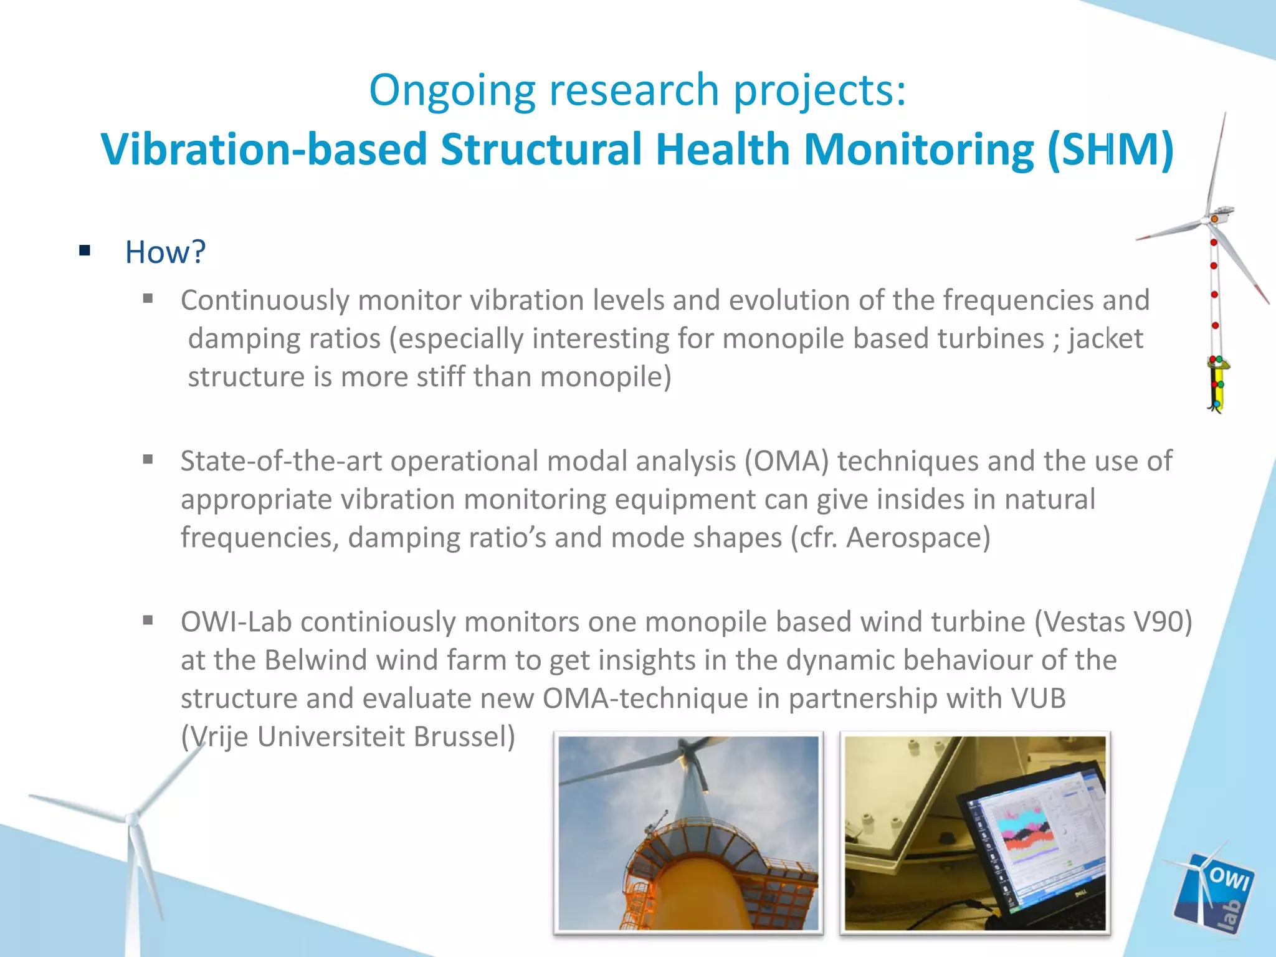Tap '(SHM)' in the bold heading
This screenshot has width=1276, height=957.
(x=1110, y=150)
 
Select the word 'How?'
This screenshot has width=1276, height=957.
(x=165, y=252)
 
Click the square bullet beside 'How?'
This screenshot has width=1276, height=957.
(x=85, y=252)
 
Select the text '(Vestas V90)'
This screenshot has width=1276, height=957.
(x=1113, y=622)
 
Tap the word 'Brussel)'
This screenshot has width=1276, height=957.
(x=464, y=737)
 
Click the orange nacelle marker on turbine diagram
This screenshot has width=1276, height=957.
(x=1214, y=219)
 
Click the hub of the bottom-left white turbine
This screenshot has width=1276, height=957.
(x=131, y=819)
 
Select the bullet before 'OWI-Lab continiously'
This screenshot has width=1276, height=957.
(x=148, y=621)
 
